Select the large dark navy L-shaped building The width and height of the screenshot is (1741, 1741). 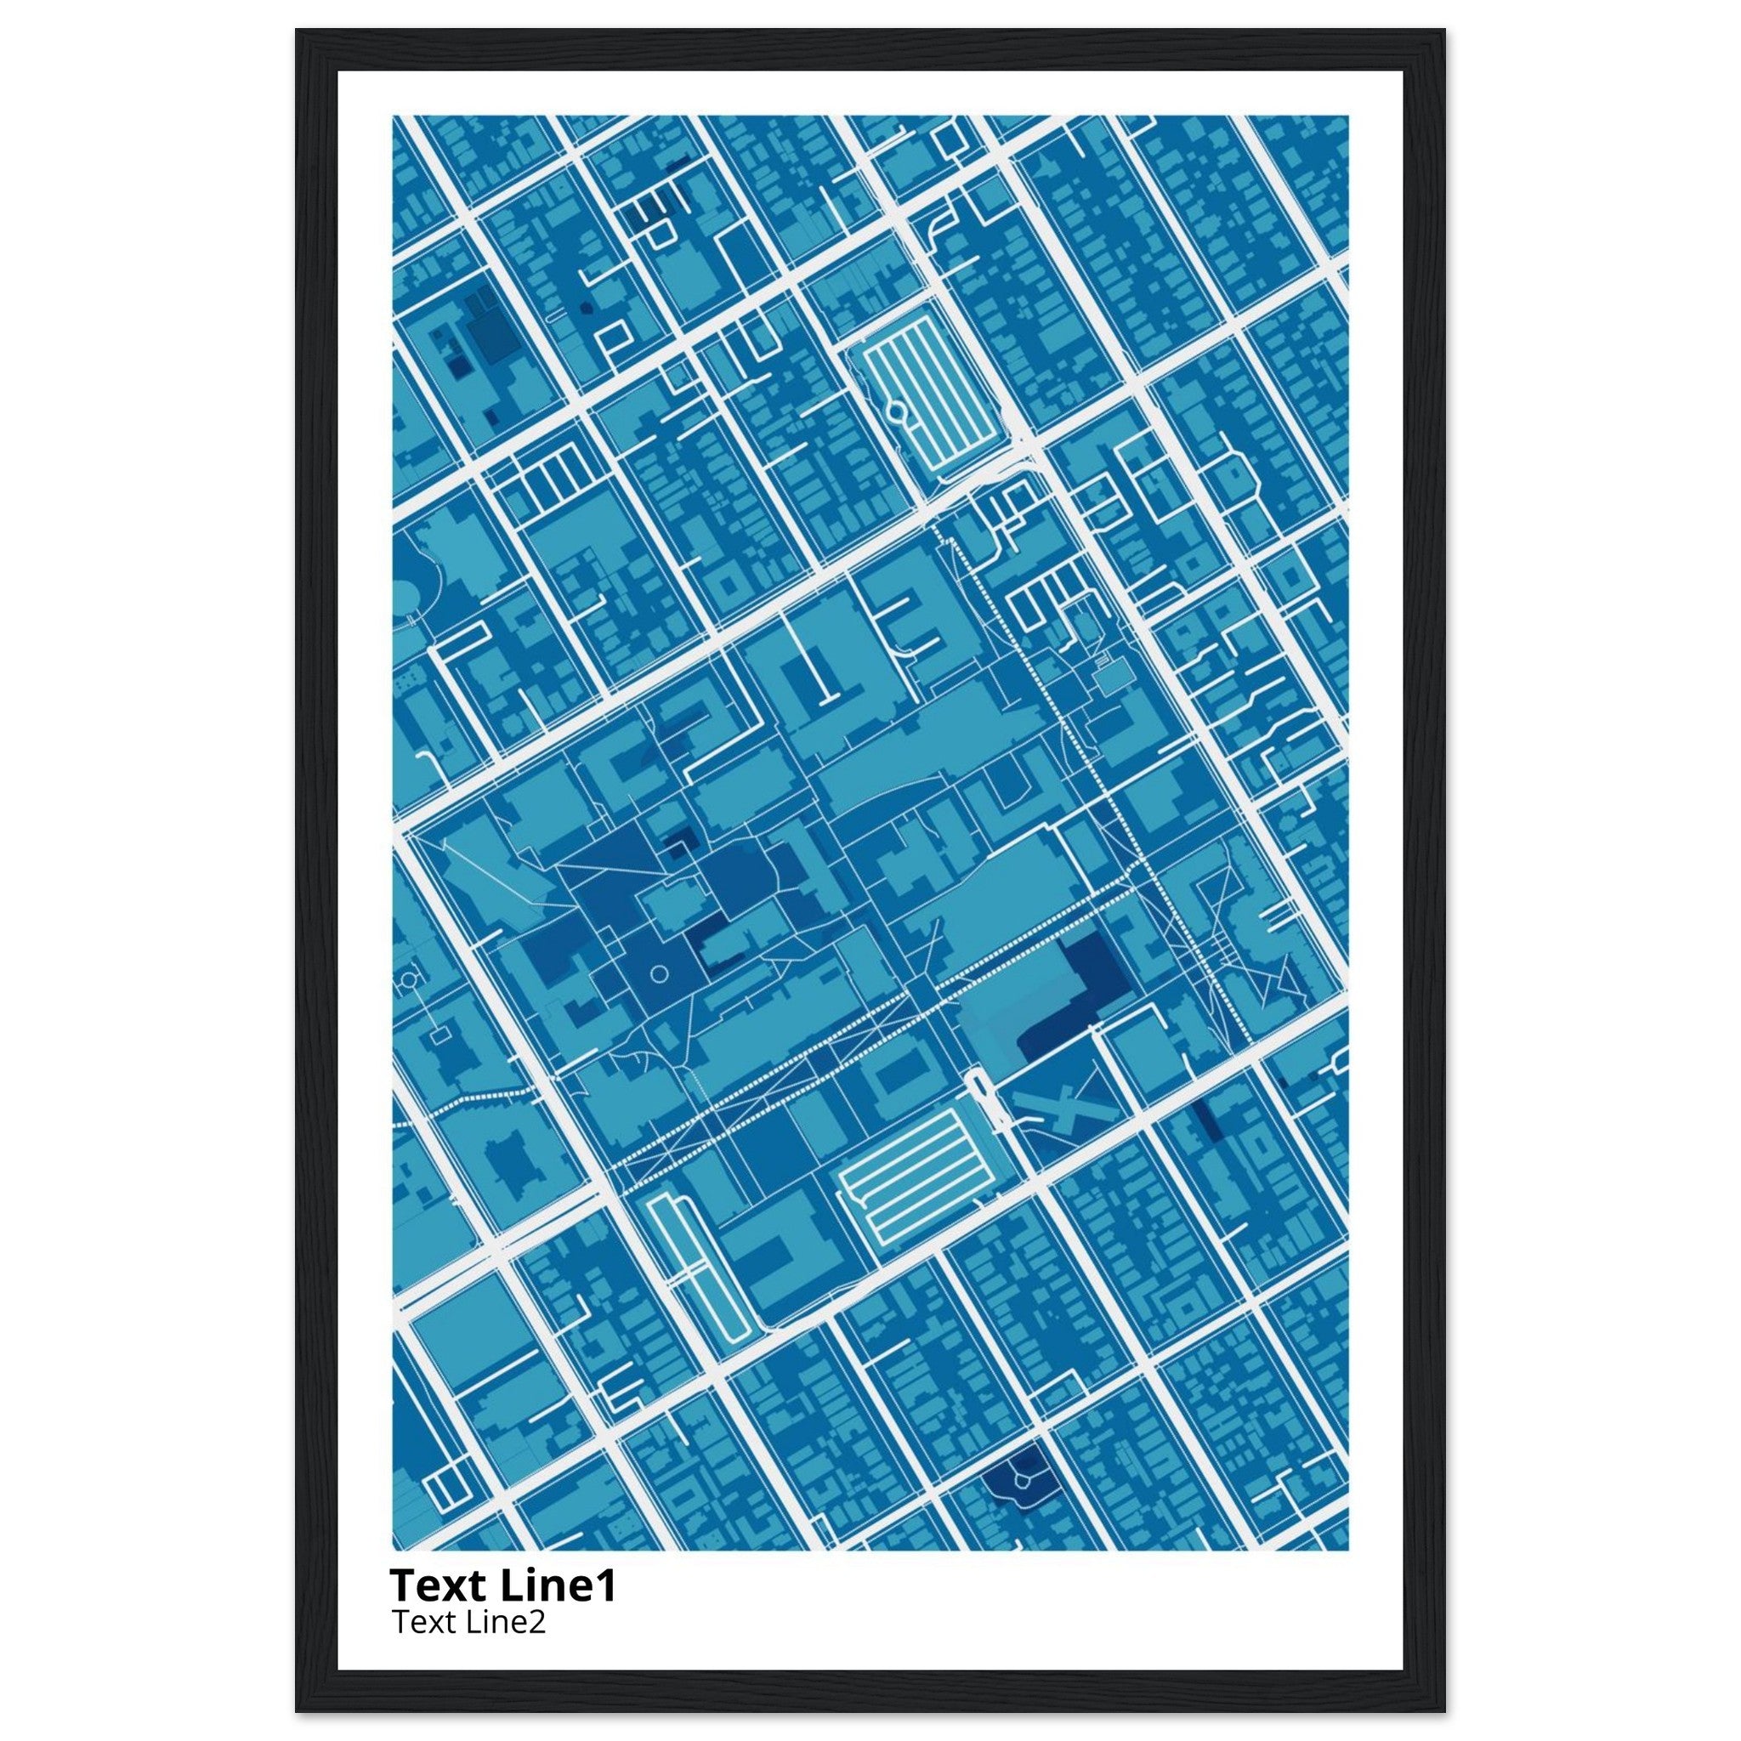[1078, 995]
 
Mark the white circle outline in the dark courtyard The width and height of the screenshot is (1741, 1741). [659, 973]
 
